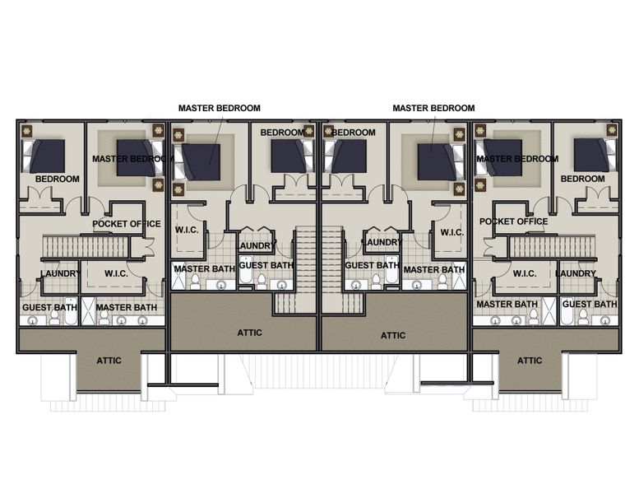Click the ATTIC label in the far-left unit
pyautogui.click(x=109, y=361)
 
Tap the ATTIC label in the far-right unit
pyautogui.click(x=530, y=361)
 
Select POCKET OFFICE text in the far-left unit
pyautogui.click(x=127, y=224)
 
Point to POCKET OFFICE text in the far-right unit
pyautogui.click(x=513, y=221)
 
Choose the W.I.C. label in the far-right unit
pyautogui.click(x=525, y=273)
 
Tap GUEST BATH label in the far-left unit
pyautogui.click(x=49, y=308)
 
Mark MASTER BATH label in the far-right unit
pyautogui.click(x=507, y=305)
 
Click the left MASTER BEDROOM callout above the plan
pyautogui.click(x=220, y=108)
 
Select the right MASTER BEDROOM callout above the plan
pyautogui.click(x=433, y=108)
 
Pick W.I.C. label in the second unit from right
pyautogui.click(x=451, y=232)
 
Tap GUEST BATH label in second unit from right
pyautogui.click(x=372, y=266)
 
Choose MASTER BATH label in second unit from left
pyautogui.click(x=203, y=268)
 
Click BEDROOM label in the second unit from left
pyautogui.click(x=282, y=133)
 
